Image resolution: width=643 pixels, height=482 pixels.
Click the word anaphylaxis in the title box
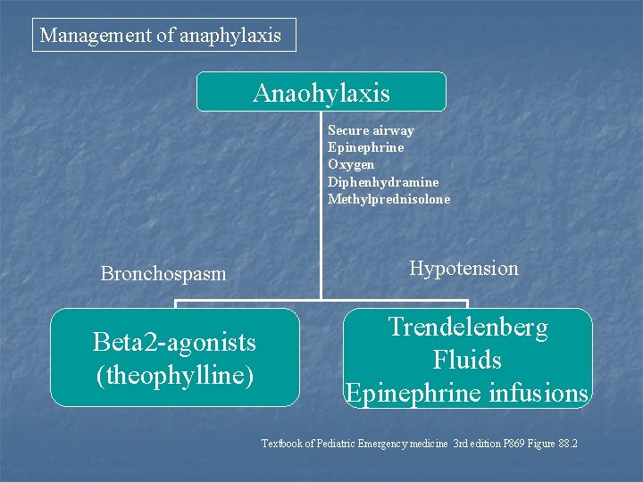(x=230, y=36)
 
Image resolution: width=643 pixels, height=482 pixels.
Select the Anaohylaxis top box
(x=321, y=92)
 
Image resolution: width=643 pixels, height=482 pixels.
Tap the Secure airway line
(x=371, y=130)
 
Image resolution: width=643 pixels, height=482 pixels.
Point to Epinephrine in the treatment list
(x=365, y=147)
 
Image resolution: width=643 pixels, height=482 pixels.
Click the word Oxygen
(x=351, y=164)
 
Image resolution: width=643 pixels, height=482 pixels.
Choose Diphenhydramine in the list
(x=383, y=182)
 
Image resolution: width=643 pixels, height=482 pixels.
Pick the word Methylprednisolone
(x=388, y=199)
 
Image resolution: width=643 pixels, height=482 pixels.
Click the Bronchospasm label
(x=163, y=273)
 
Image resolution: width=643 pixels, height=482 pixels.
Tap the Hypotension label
(x=463, y=268)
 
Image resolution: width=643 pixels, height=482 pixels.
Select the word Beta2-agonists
(x=174, y=342)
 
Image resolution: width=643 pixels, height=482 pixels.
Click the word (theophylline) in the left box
(x=174, y=375)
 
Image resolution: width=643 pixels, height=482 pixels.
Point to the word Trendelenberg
(x=468, y=328)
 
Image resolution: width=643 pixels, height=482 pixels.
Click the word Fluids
(x=467, y=361)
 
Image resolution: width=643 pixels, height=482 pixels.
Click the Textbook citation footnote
(x=419, y=443)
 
